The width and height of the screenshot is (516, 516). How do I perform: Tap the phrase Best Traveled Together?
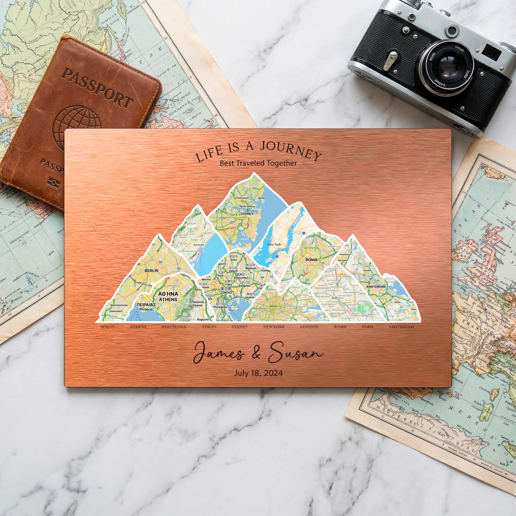coord(258,163)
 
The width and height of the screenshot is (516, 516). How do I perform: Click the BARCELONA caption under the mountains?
coord(174,327)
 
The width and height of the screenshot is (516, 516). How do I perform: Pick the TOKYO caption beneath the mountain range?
coord(209,327)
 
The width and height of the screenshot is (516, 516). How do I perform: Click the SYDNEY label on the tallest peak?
coord(247,214)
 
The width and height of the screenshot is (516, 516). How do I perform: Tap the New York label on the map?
coord(274,244)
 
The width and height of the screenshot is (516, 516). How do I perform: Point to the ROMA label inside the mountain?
coord(311,260)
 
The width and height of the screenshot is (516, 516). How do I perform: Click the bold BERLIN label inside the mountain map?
coord(151,271)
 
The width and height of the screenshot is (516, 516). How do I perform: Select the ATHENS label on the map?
coord(168,299)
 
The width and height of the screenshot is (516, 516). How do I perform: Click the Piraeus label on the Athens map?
coord(146,309)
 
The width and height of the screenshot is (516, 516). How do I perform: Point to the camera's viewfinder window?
coord(492,51)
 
